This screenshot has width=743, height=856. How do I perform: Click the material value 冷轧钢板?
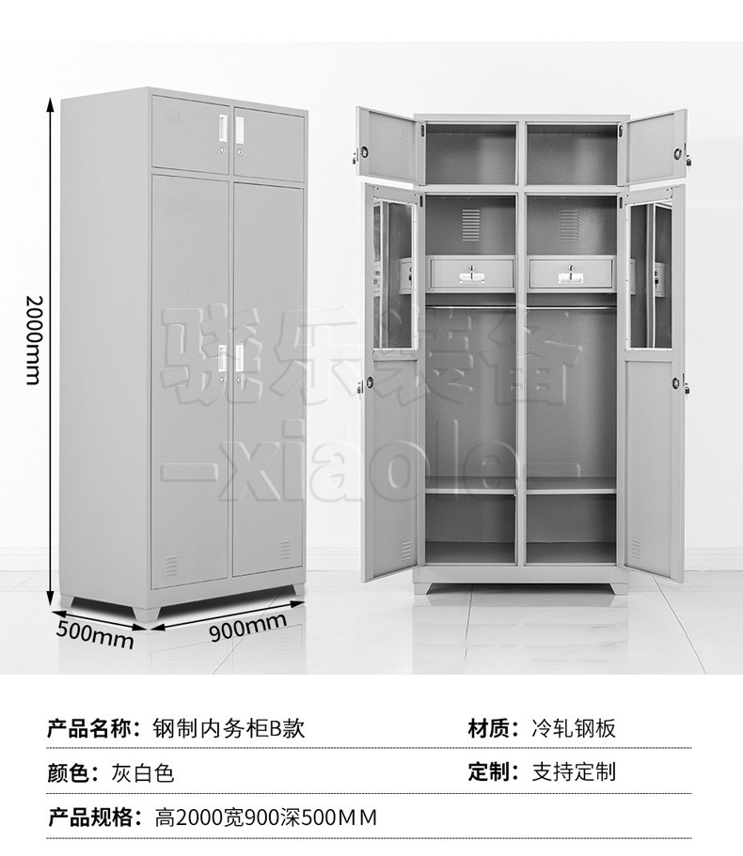[574, 727]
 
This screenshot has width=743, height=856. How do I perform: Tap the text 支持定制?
[574, 772]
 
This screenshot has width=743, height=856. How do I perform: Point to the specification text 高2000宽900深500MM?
[265, 817]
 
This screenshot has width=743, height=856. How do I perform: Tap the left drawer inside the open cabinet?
[471, 272]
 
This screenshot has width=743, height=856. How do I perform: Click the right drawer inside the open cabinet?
[570, 272]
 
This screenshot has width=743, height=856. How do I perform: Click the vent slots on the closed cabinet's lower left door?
[172, 564]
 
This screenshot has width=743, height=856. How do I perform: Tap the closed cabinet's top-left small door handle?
[223, 125]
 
